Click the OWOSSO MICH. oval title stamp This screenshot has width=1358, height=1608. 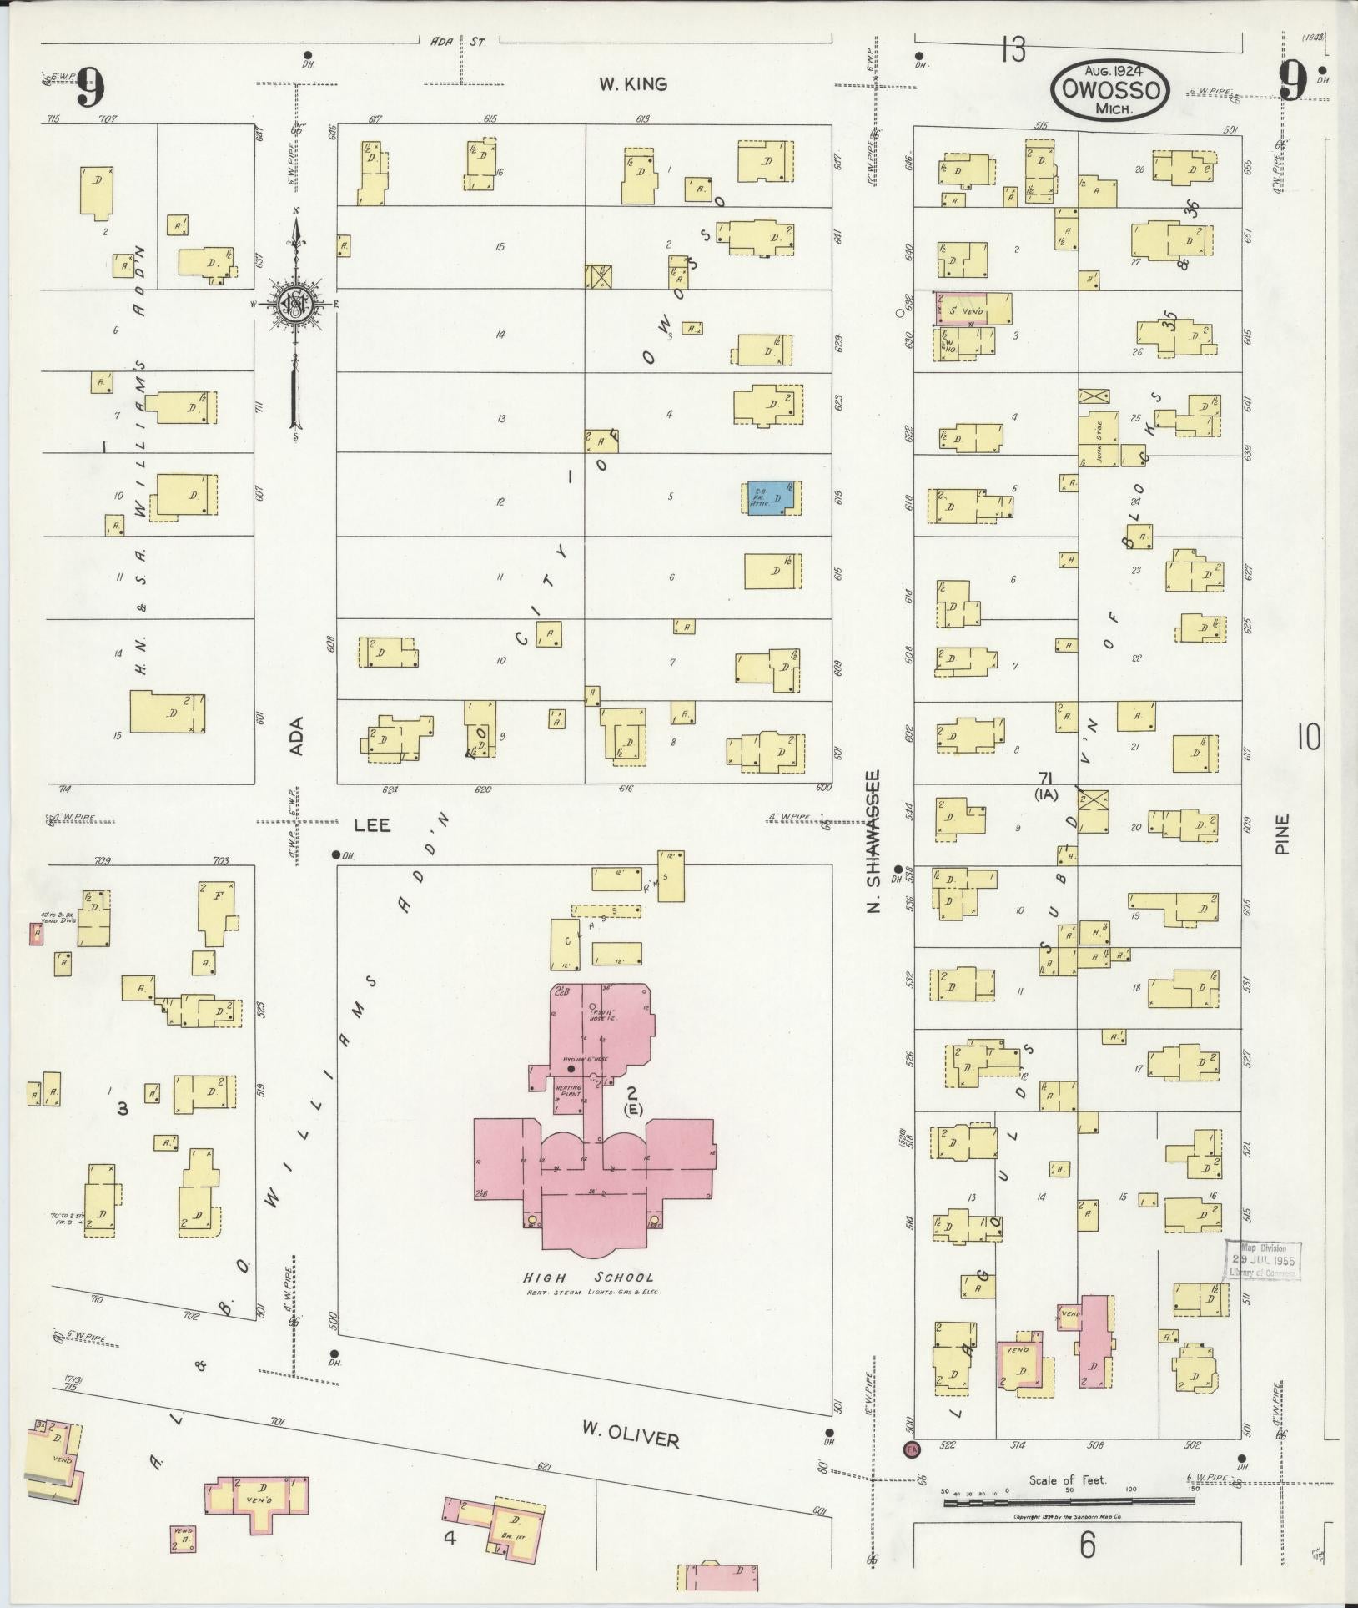1109,89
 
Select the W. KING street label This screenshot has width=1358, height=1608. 633,83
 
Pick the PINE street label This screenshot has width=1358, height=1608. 1283,834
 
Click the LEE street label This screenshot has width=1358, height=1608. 372,824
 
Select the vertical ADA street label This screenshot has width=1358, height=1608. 296,736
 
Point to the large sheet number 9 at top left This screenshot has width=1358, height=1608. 90,85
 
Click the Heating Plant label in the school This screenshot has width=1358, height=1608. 571,1091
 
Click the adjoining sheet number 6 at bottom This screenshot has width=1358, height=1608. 1088,1545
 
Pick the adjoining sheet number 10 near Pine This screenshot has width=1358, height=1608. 1309,738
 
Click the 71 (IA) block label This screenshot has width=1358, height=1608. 1045,784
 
